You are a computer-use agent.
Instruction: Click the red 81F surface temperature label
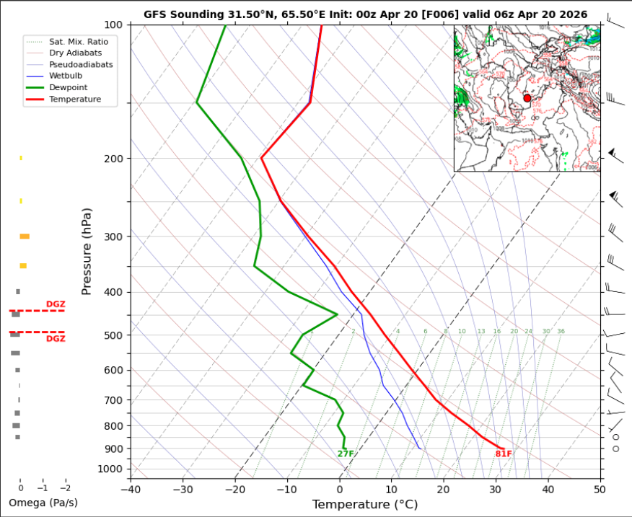coord(504,454)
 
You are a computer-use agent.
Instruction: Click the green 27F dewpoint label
coord(346,454)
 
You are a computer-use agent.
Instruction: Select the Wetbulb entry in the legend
coord(64,76)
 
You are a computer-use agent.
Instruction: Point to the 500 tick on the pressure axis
coord(115,335)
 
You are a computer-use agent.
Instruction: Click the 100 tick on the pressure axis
coord(115,25)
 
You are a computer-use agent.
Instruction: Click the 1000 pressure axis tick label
coord(113,469)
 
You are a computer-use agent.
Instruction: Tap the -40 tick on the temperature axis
coord(130,489)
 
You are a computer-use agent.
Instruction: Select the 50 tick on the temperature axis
coord(600,489)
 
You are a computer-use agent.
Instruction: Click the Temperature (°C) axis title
coord(364,505)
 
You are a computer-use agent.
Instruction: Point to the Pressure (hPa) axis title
coord(87,251)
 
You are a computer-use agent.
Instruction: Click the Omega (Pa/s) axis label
coord(43,502)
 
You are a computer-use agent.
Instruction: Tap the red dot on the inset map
coord(527,98)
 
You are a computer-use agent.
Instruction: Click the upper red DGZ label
coord(56,304)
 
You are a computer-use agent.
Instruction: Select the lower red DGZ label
coord(56,339)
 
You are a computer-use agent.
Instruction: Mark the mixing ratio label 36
coord(561,332)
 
